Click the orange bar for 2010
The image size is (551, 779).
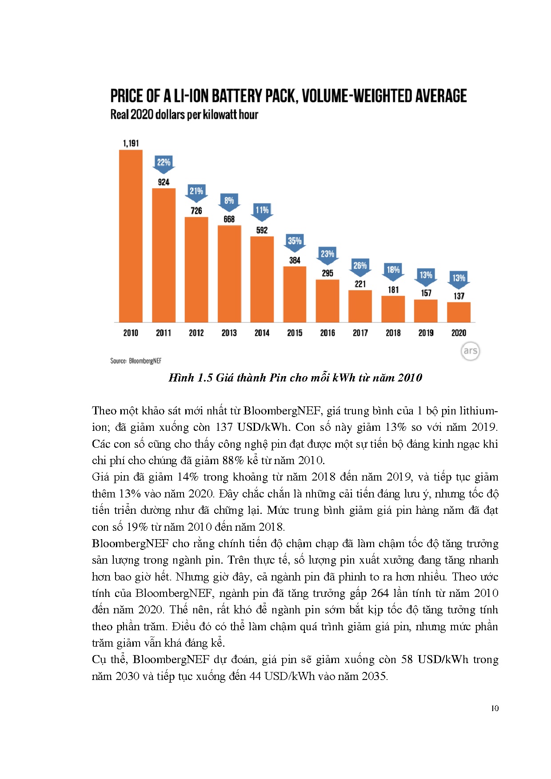pyautogui.click(x=131, y=236)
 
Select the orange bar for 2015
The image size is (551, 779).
pyautogui.click(x=295, y=294)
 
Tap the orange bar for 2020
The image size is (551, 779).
pyautogui.click(x=459, y=312)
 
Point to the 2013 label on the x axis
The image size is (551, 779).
pyautogui.click(x=229, y=333)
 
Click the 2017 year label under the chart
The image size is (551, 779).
pyautogui.click(x=360, y=333)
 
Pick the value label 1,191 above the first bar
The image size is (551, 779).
pyautogui.click(x=131, y=143)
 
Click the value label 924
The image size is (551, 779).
pyautogui.click(x=164, y=182)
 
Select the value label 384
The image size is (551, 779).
pyautogui.click(x=295, y=260)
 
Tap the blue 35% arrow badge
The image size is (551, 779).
pyautogui.click(x=295, y=242)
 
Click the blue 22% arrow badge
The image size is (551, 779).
pyautogui.click(x=164, y=163)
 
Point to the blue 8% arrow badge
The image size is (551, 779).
pyautogui.click(x=229, y=202)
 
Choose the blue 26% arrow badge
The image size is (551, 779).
pyautogui.click(x=360, y=267)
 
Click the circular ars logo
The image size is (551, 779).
pyautogui.click(x=470, y=351)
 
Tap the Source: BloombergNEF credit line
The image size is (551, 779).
pyautogui.click(x=136, y=361)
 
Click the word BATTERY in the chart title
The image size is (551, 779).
pyautogui.click(x=237, y=96)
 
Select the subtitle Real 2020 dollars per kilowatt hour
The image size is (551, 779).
pyautogui.click(x=184, y=115)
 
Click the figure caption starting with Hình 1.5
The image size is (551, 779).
pyautogui.click(x=295, y=378)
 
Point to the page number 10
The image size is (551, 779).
pyautogui.click(x=495, y=708)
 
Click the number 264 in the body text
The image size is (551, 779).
pyautogui.click(x=379, y=593)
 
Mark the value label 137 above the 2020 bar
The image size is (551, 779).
pyautogui.click(x=459, y=296)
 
